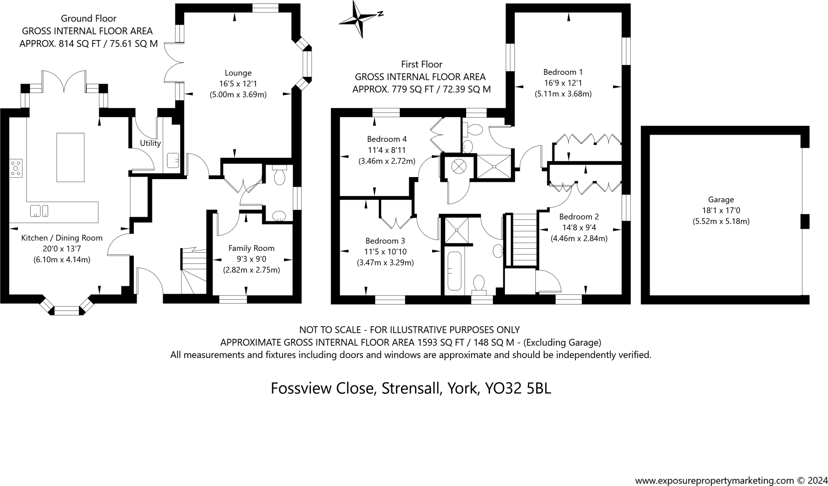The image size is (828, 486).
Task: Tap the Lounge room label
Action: click(238, 73)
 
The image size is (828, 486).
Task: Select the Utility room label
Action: click(150, 143)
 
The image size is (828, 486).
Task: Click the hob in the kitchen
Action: click(16, 168)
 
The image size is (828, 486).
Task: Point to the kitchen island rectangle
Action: click(70, 157)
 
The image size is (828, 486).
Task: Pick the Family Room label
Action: click(251, 248)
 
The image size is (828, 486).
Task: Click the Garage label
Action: click(721, 199)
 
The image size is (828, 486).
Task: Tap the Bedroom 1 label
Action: click(563, 72)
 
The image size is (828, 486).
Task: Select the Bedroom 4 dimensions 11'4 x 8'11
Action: click(387, 150)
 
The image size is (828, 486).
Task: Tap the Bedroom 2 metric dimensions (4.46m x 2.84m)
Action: click(579, 238)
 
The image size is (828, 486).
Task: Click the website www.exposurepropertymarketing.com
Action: click(715, 480)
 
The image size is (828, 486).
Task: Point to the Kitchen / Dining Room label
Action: click(62, 238)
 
